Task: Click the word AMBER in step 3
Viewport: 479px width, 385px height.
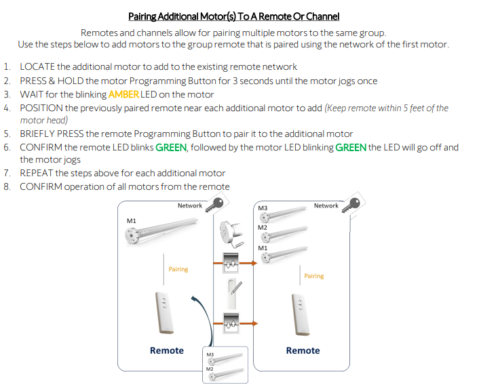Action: [x=123, y=94]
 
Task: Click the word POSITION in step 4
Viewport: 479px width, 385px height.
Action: [x=42, y=108]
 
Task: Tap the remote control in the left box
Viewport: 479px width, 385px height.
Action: [x=164, y=311]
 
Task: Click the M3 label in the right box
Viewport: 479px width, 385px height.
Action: [x=263, y=208]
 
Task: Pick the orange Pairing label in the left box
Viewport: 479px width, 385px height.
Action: [x=178, y=269]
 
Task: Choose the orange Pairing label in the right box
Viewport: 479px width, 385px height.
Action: [x=314, y=276]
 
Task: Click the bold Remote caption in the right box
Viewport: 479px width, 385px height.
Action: [x=303, y=350]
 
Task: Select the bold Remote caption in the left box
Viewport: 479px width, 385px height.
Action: [x=167, y=350]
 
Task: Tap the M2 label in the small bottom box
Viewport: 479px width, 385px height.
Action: [x=210, y=369]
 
